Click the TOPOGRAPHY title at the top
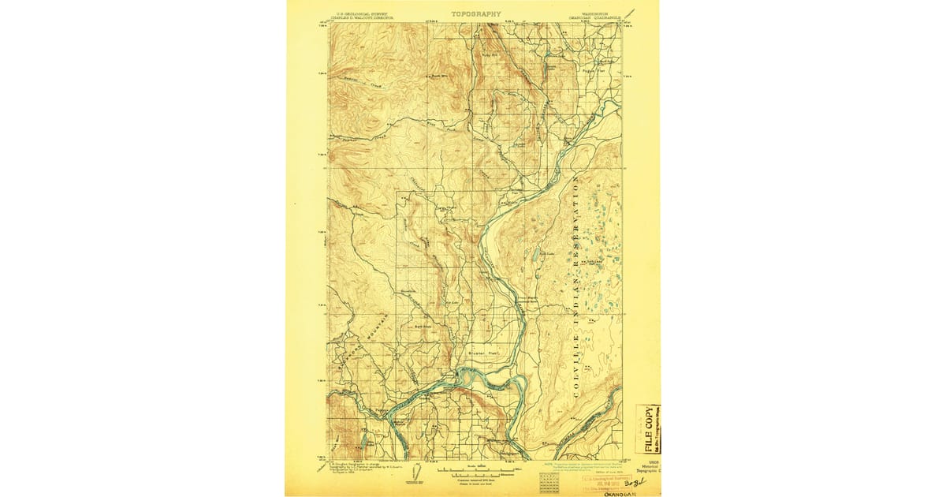click(x=475, y=14)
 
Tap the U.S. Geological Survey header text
click(x=363, y=13)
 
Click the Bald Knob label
click(x=423, y=326)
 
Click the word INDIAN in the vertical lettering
click(x=577, y=296)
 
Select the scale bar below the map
click(x=473, y=473)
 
